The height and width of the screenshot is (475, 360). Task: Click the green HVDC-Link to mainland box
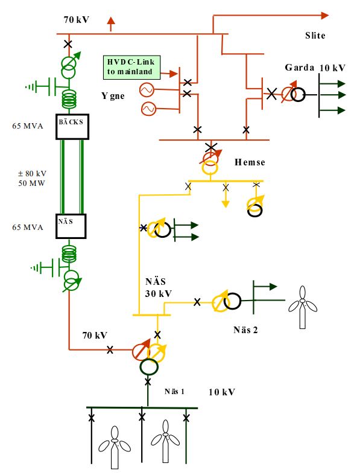pyautogui.click(x=131, y=67)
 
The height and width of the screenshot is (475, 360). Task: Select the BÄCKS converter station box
pyautogui.click(x=72, y=127)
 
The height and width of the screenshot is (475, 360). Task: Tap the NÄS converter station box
pyautogui.click(x=71, y=226)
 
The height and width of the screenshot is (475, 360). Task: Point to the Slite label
pyautogui.click(x=315, y=36)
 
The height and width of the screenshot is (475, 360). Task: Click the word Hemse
pyautogui.click(x=250, y=162)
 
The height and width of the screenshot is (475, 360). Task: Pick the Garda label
pyautogui.click(x=299, y=67)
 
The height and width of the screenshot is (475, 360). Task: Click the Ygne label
pyautogui.click(x=113, y=96)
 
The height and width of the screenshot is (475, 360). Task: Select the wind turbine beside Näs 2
pyautogui.click(x=303, y=307)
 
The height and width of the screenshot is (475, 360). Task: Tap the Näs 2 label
pyautogui.click(x=245, y=330)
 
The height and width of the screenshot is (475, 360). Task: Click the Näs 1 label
pyautogui.click(x=174, y=391)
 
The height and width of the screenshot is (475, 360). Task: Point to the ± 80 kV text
pyautogui.click(x=32, y=174)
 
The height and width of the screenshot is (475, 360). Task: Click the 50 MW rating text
pyautogui.click(x=31, y=183)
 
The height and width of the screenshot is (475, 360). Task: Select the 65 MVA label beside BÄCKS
pyautogui.click(x=28, y=126)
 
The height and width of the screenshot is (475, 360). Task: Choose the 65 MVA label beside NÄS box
pyautogui.click(x=28, y=227)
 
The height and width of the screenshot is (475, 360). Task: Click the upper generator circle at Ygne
pyautogui.click(x=147, y=90)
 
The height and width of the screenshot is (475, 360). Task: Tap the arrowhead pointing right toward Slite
pyautogui.click(x=325, y=15)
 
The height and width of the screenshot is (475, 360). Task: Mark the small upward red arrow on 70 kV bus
pyautogui.click(x=111, y=24)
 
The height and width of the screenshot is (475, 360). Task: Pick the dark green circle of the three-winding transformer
pyautogui.click(x=149, y=367)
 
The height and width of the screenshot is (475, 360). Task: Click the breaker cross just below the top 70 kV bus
pyautogui.click(x=68, y=44)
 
